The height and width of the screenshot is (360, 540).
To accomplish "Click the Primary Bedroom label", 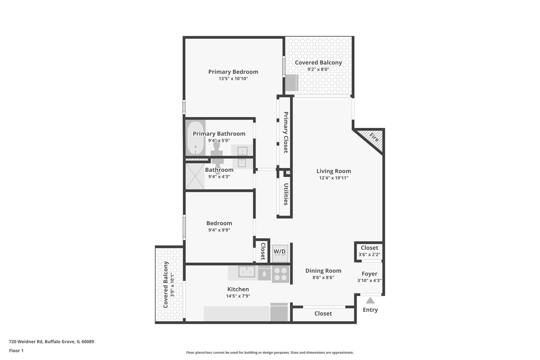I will click(233, 72).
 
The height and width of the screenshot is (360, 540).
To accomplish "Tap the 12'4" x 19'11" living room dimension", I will click(334, 178).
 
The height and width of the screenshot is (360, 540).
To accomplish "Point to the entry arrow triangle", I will click(370, 301).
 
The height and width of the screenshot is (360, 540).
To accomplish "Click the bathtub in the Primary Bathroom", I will click(195, 138).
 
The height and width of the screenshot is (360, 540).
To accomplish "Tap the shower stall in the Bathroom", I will click(195, 176).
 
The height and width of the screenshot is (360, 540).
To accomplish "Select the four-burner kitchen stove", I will click(280, 274).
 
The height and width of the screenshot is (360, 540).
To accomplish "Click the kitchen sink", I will click(247, 271).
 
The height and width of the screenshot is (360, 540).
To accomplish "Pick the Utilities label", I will click(286, 194).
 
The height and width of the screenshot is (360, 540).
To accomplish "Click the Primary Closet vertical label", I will click(286, 132).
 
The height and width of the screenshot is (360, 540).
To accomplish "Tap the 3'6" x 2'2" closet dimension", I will click(369, 255).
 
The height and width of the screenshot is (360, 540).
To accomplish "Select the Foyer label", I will click(369, 274).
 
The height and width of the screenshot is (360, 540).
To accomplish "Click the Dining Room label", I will click(323, 271).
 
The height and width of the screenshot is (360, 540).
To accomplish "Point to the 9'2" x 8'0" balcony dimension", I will click(318, 69).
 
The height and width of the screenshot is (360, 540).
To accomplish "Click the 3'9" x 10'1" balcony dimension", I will click(172, 285).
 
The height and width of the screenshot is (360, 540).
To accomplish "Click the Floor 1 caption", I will click(16, 351).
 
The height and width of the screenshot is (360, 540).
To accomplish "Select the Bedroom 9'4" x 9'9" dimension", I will click(219, 230).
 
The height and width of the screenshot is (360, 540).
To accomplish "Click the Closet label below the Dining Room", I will click(323, 313).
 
